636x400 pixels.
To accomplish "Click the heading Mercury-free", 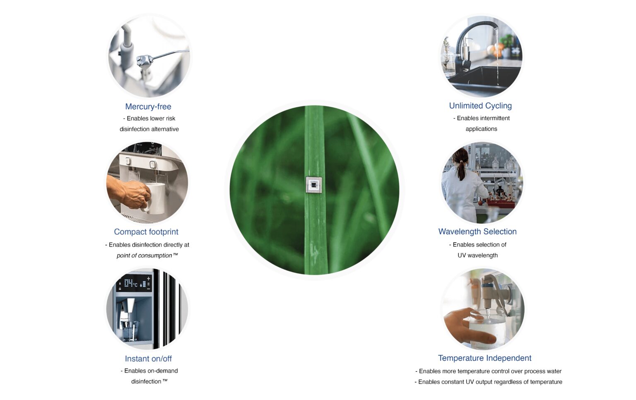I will [x=148, y=107].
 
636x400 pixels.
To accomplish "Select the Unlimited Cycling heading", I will [x=480, y=106].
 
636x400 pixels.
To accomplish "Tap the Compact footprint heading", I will [x=146, y=232].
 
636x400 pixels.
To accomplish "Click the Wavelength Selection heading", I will [x=477, y=232].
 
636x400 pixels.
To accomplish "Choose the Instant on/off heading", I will [x=148, y=359].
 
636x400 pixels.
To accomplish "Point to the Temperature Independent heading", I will [x=484, y=358].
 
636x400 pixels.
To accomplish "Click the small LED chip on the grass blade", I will [x=314, y=185].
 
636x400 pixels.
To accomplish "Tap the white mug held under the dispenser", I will [x=156, y=198].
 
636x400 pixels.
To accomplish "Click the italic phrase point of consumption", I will [x=144, y=255].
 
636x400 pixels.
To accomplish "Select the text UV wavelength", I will [x=477, y=255].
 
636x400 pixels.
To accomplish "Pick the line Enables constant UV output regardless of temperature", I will [x=490, y=382].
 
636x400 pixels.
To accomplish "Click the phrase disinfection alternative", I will [x=149, y=129].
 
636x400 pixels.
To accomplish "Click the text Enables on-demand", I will [x=151, y=371].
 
